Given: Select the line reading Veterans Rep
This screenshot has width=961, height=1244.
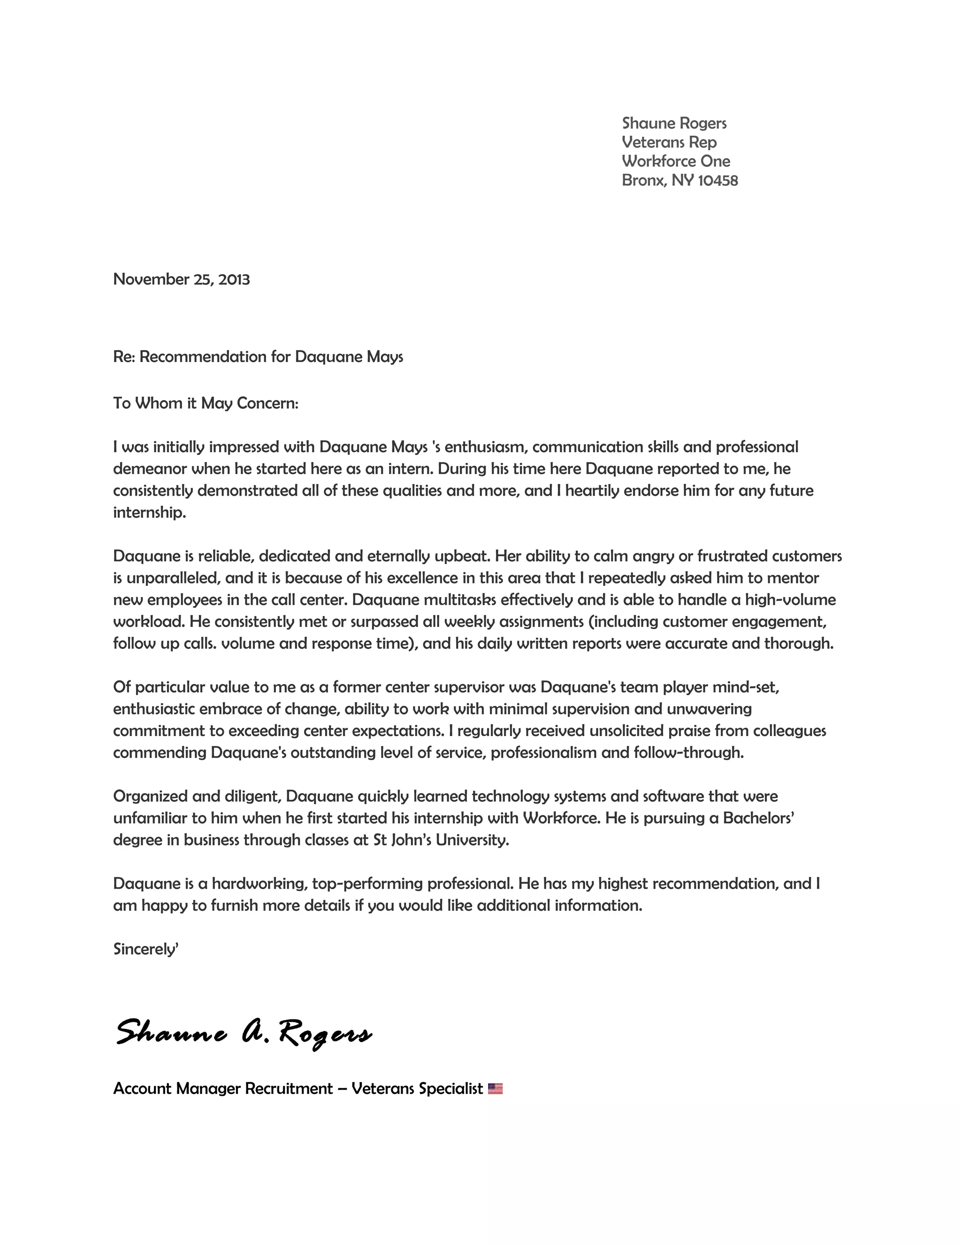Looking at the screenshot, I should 669,142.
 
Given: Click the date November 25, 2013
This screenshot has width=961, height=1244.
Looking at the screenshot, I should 181,279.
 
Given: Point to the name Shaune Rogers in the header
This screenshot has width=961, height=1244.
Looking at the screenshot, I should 674,123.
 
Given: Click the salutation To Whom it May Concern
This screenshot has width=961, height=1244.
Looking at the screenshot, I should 206,403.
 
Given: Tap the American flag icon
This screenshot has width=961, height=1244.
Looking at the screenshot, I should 496,1089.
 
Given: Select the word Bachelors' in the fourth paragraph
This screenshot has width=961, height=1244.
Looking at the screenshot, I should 758,819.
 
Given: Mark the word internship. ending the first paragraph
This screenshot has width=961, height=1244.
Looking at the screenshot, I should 150,513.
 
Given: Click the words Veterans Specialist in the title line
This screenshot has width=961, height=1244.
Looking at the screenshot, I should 417,1089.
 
